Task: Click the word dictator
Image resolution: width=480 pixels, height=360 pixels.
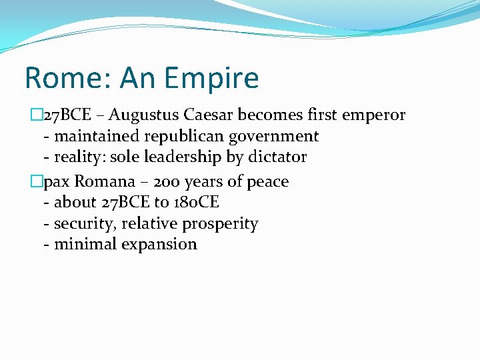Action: click(276, 157)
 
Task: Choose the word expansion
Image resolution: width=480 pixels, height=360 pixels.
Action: click(159, 245)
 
